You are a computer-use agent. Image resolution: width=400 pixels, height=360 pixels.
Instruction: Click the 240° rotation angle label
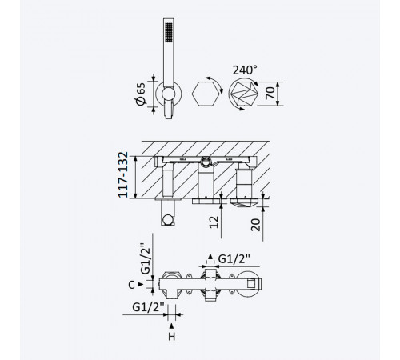coord(245,70)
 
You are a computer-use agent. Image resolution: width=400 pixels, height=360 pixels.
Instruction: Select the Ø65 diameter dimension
coord(141,94)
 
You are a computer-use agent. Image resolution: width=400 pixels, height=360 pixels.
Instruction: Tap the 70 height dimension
coord(270,93)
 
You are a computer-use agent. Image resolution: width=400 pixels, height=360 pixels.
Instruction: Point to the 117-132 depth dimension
coord(123,174)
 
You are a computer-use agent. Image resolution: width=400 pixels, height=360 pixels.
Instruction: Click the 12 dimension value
coord(214,222)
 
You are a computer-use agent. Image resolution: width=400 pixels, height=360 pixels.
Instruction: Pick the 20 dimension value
coord(255,225)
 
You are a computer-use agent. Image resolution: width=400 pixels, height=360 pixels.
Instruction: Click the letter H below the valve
coord(172,337)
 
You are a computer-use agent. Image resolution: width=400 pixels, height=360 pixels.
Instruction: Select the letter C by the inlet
coord(131,285)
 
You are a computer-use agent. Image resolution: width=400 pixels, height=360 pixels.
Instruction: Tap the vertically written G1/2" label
coord(146,258)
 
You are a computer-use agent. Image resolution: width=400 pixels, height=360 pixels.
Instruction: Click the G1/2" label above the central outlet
coord(234,259)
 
